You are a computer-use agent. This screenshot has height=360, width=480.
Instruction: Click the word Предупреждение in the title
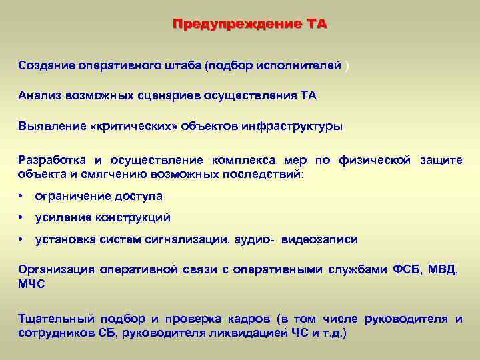point(236,25)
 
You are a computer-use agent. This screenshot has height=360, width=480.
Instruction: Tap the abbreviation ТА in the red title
point(317,25)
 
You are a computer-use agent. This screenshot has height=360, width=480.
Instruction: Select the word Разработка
point(50,160)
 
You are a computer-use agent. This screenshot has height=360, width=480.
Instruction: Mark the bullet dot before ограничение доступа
point(22,197)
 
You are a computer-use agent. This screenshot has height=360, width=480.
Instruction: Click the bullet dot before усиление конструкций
point(22,218)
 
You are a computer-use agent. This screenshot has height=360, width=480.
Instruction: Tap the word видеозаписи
point(319,239)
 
